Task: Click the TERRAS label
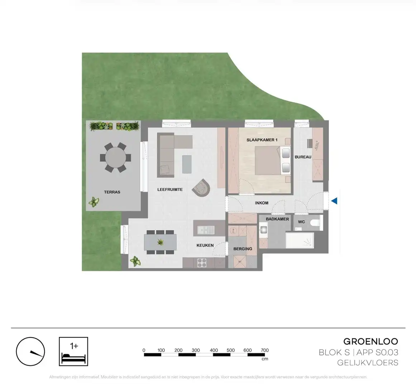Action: (x=112, y=192)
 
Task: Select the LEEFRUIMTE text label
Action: (x=170, y=190)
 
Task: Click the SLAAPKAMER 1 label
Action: (x=262, y=140)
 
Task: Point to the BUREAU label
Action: (x=303, y=157)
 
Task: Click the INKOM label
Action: (x=262, y=203)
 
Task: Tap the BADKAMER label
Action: (x=277, y=219)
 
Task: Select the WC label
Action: (x=302, y=222)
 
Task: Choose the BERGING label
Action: (x=243, y=249)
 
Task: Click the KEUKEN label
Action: (x=205, y=245)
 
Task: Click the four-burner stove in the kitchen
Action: (x=202, y=262)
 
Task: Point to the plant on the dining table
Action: (x=160, y=242)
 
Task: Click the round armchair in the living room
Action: (x=202, y=187)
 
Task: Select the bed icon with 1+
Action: (x=73, y=351)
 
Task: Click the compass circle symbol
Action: (x=30, y=352)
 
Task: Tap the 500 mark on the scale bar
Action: (x=230, y=350)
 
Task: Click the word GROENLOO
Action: (x=370, y=341)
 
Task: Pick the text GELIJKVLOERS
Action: (x=368, y=363)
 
